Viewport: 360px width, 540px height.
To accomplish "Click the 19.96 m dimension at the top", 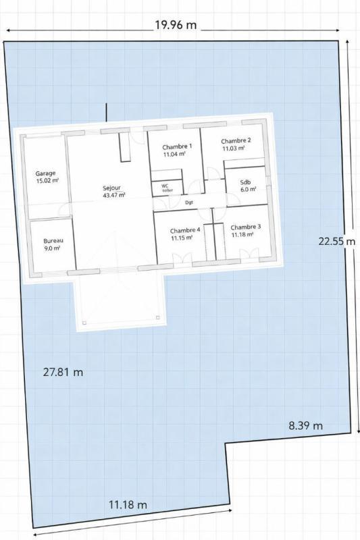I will point(176,26).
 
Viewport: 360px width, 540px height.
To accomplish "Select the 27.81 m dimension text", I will point(63,372).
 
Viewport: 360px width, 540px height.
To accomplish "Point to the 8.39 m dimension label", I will point(305,425).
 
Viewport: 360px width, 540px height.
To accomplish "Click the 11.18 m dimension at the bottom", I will point(128,504).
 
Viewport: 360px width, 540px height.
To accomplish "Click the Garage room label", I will point(46,173).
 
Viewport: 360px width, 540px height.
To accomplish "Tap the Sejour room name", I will point(113,188).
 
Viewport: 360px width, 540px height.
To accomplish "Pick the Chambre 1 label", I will point(178,146).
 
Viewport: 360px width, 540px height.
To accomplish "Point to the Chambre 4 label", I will point(184,230).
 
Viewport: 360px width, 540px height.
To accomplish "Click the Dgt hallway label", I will point(189,202).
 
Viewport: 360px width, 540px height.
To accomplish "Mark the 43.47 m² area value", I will point(113,195).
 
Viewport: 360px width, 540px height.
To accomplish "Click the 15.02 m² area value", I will point(47,181).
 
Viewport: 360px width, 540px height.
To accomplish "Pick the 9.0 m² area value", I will point(52,248).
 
